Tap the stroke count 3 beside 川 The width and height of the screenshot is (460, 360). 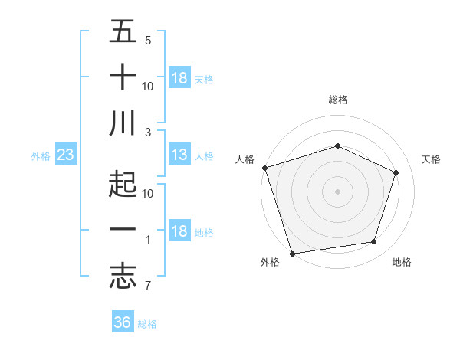(148, 132)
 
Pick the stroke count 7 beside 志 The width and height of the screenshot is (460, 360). (147, 286)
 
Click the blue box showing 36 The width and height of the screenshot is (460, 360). (123, 322)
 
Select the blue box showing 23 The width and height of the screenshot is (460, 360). (66, 155)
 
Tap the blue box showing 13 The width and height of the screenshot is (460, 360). (179, 155)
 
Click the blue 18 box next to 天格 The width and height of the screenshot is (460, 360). (179, 78)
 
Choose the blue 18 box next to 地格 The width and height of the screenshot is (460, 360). (179, 231)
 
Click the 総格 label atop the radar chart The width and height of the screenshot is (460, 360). (338, 100)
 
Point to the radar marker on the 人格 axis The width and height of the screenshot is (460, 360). (264, 168)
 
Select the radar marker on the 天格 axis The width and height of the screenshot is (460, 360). (396, 172)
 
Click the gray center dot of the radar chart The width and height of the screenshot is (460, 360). (338, 191)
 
